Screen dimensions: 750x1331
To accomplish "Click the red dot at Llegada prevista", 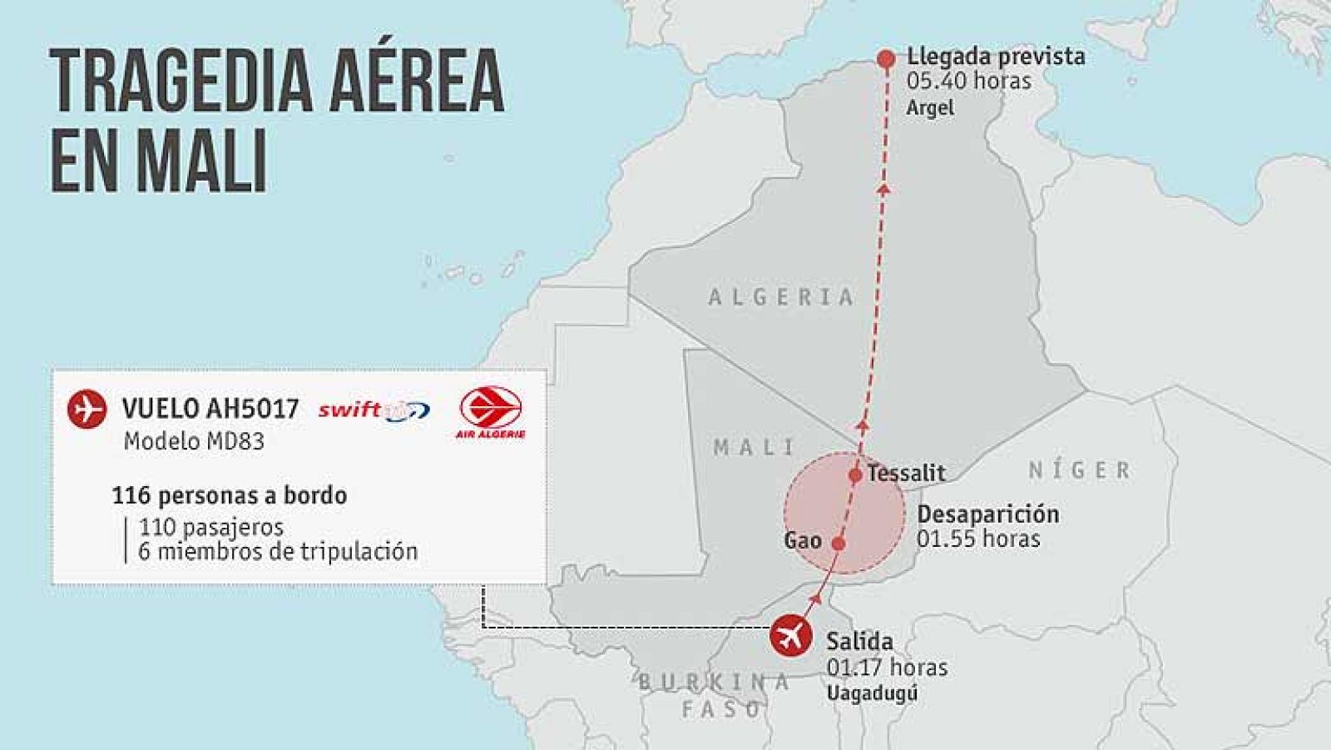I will click(886, 59).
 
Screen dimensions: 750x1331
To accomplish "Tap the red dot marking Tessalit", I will click(855, 476).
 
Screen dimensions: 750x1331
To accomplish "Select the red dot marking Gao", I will click(839, 544).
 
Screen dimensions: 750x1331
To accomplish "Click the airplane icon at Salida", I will click(790, 637).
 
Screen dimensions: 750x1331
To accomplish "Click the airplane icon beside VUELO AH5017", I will click(87, 410).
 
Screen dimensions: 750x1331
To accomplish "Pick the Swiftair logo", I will click(374, 410).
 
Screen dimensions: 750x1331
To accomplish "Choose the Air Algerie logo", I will click(491, 413).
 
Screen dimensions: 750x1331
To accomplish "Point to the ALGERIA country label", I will click(781, 297).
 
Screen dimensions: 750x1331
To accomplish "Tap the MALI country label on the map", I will click(754, 447).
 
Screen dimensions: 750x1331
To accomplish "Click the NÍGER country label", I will click(1080, 470).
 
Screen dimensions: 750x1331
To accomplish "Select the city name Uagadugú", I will click(872, 693).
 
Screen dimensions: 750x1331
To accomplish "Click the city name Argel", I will click(930, 107).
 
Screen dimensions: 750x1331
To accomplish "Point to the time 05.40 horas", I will click(969, 82).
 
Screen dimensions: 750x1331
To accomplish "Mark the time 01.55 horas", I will click(978, 539).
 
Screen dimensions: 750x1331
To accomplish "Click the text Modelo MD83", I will click(194, 441).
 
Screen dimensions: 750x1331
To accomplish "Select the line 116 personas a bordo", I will click(230, 496).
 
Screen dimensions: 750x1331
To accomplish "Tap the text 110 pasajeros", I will click(211, 527).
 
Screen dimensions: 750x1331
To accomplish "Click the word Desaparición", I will click(988, 514).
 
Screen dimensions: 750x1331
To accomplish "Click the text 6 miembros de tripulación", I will click(278, 551).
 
